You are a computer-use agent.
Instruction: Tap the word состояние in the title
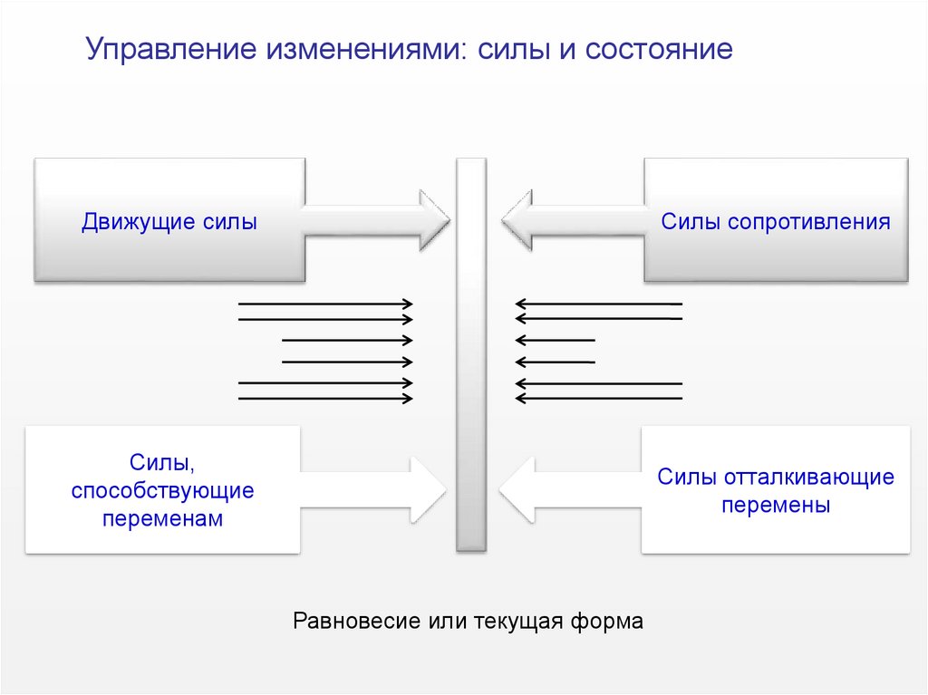point(659,50)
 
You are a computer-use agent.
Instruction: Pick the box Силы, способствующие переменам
point(163,490)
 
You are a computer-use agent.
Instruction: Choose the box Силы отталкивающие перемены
point(776,490)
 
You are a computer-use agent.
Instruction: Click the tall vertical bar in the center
point(471,353)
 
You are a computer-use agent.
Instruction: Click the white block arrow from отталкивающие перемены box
point(571,490)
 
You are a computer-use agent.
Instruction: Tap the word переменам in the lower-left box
point(163,519)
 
